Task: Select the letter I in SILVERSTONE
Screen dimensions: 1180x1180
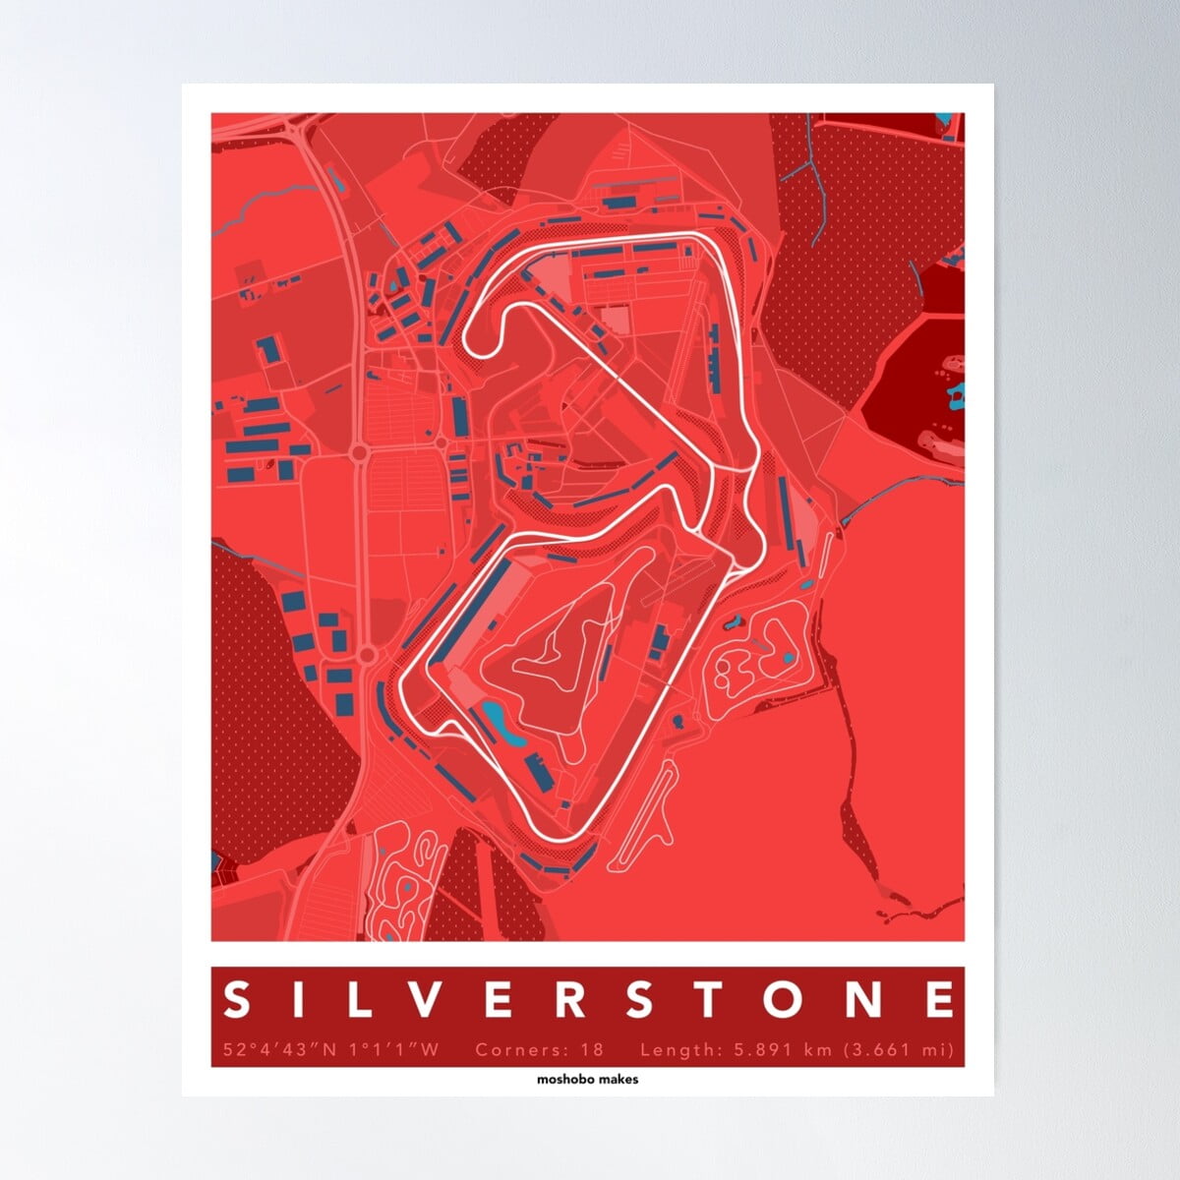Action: [300, 1001]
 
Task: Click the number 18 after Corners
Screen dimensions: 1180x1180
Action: [592, 1050]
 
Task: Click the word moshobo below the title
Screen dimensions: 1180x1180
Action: [561, 1079]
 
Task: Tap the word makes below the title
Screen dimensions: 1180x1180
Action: [617, 1079]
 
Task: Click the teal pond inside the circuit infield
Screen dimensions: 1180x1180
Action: [497, 724]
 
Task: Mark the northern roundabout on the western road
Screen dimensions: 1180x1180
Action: [359, 452]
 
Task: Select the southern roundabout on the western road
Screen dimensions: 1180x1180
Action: [367, 654]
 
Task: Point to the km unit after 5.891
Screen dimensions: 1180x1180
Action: [818, 1050]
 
